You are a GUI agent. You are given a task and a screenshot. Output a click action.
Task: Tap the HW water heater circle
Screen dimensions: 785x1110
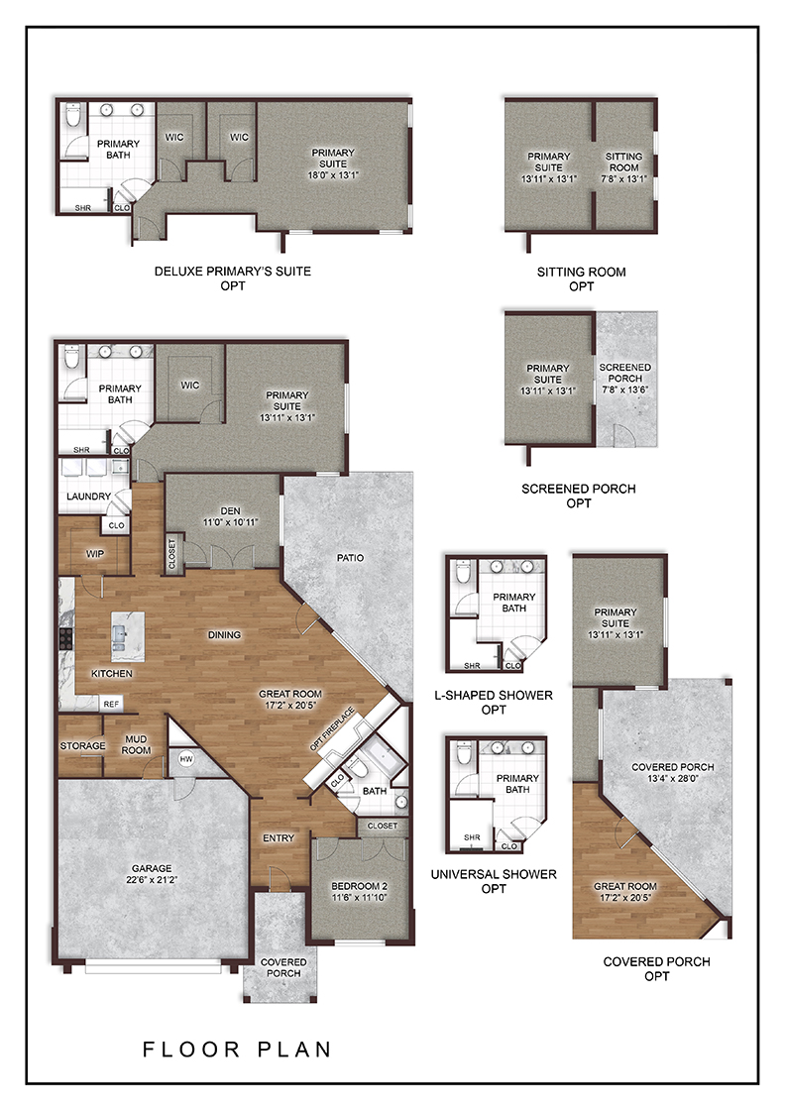[186, 759]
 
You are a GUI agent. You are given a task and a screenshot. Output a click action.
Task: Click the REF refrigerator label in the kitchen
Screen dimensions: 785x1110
[111, 704]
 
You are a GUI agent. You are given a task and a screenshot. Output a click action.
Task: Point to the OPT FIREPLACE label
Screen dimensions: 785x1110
[332, 729]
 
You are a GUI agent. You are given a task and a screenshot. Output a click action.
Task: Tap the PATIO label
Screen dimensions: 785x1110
[351, 558]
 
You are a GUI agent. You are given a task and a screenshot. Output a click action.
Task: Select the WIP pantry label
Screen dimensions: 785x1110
[95, 554]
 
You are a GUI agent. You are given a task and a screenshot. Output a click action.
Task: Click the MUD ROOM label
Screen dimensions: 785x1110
[136, 744]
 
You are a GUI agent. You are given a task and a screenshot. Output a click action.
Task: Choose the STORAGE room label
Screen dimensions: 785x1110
[83, 745]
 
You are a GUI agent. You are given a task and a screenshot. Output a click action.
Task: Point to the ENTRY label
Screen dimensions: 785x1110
[279, 837]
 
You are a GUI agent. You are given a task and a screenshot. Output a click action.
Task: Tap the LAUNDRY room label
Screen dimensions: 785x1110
[88, 497]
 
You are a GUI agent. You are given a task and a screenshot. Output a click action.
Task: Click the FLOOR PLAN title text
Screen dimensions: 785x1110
[237, 1050]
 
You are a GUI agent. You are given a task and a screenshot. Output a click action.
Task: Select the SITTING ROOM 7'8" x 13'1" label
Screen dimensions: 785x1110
[623, 167]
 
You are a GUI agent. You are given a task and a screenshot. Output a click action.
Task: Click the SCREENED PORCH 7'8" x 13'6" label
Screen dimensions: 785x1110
[625, 378]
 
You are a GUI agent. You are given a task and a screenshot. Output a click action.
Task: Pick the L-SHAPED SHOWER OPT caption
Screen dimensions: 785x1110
[494, 703]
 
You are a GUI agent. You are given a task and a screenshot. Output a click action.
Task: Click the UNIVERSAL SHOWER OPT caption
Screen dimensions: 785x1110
[494, 881]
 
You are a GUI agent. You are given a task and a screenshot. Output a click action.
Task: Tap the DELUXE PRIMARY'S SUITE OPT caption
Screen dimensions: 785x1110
[233, 278]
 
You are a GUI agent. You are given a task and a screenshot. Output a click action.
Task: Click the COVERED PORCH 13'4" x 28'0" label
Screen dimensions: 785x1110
[672, 772]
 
